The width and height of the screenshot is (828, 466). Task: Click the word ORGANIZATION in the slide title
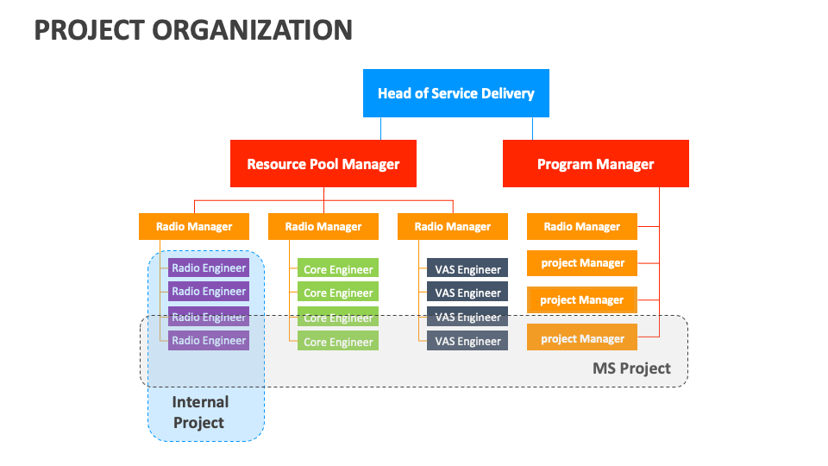pyautogui.click(x=253, y=29)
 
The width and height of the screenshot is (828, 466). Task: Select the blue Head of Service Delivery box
pyautogui.click(x=455, y=93)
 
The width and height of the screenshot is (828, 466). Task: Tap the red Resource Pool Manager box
pyautogui.click(x=323, y=164)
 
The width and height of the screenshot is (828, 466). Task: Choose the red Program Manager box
pyautogui.click(x=595, y=164)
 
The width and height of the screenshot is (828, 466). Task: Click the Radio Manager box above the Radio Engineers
pyautogui.click(x=194, y=227)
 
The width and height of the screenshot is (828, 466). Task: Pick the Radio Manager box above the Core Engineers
pyautogui.click(x=323, y=227)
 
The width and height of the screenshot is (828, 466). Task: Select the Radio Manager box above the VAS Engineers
pyautogui.click(x=453, y=227)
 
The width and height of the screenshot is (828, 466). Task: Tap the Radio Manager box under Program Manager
pyautogui.click(x=582, y=227)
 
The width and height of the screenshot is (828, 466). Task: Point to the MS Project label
pyautogui.click(x=631, y=368)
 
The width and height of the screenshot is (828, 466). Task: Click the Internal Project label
pyautogui.click(x=200, y=412)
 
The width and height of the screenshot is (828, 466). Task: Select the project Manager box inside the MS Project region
pyautogui.click(x=582, y=338)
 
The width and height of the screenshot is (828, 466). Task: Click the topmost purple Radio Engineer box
pyautogui.click(x=209, y=268)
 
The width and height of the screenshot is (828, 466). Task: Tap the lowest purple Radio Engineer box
pyautogui.click(x=209, y=341)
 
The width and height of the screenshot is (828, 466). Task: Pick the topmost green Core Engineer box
pyautogui.click(x=338, y=269)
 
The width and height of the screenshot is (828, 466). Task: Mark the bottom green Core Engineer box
pyautogui.click(x=338, y=342)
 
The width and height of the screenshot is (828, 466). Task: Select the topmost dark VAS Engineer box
pyautogui.click(x=467, y=269)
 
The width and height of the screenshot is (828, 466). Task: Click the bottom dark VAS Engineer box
pyautogui.click(x=467, y=342)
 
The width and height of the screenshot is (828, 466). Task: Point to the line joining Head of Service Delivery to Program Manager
pyautogui.click(x=532, y=128)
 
